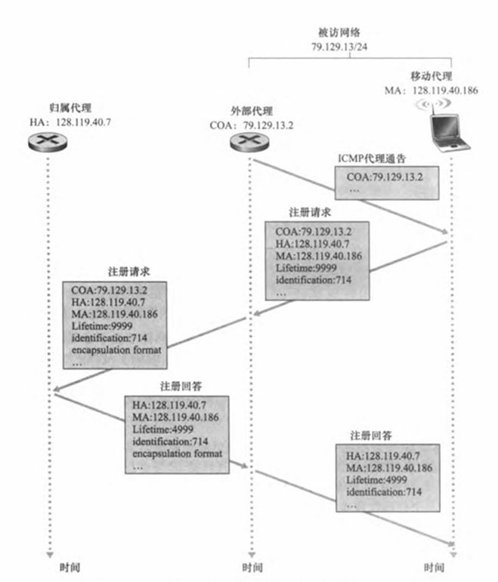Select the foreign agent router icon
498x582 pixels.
pos(250,143)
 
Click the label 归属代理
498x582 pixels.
pos(51,109)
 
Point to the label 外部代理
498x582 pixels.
pos(250,110)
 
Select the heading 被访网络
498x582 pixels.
pos(339,34)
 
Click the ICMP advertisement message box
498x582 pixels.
pos(386,183)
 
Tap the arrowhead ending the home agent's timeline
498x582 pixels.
pos(51,552)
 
